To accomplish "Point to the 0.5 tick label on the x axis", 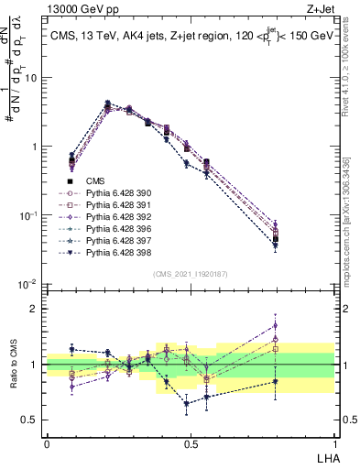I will [190, 443].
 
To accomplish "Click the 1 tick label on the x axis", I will [333, 443].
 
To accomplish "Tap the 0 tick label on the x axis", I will [47, 443].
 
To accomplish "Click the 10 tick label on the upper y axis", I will [29, 78].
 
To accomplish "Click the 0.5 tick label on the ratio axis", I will [29, 420].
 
